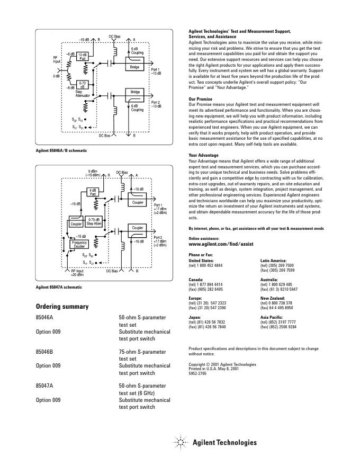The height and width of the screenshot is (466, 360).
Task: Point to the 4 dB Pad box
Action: pyautogui.click(x=93, y=192)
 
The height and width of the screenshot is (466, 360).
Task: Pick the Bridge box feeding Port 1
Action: pyautogui.click(x=134, y=67)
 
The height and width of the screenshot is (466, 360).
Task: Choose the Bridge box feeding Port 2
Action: pyautogui.click(x=134, y=92)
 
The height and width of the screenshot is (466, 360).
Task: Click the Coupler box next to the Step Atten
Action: pyautogui.click(x=76, y=223)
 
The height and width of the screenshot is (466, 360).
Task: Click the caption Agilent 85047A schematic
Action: pyautogui.click(x=59, y=287)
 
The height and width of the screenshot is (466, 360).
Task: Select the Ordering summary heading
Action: pyautogui.click(x=62, y=307)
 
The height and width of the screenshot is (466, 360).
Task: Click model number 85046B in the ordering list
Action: pyautogui.click(x=44, y=351)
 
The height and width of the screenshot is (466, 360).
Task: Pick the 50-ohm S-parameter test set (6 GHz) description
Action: pyautogui.click(x=142, y=389)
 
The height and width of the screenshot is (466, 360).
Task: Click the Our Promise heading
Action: pyautogui.click(x=200, y=99)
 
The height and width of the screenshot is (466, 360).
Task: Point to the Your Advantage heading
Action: pyautogui.click(x=203, y=155)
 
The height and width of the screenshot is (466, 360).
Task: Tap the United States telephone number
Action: pyautogui.click(x=205, y=265)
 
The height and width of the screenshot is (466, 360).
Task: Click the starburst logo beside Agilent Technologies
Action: pyautogui.click(x=181, y=442)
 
